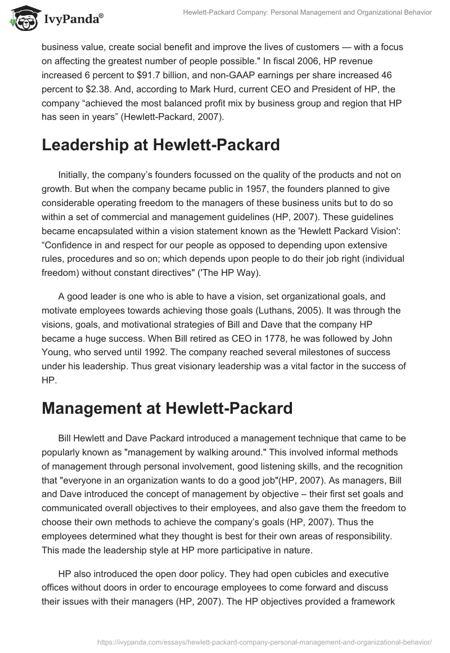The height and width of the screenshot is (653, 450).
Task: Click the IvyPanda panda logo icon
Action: click(x=22, y=19)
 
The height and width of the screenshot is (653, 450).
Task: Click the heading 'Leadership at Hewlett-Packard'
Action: click(x=161, y=145)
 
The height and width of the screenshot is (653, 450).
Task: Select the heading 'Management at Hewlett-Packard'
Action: click(x=167, y=408)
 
